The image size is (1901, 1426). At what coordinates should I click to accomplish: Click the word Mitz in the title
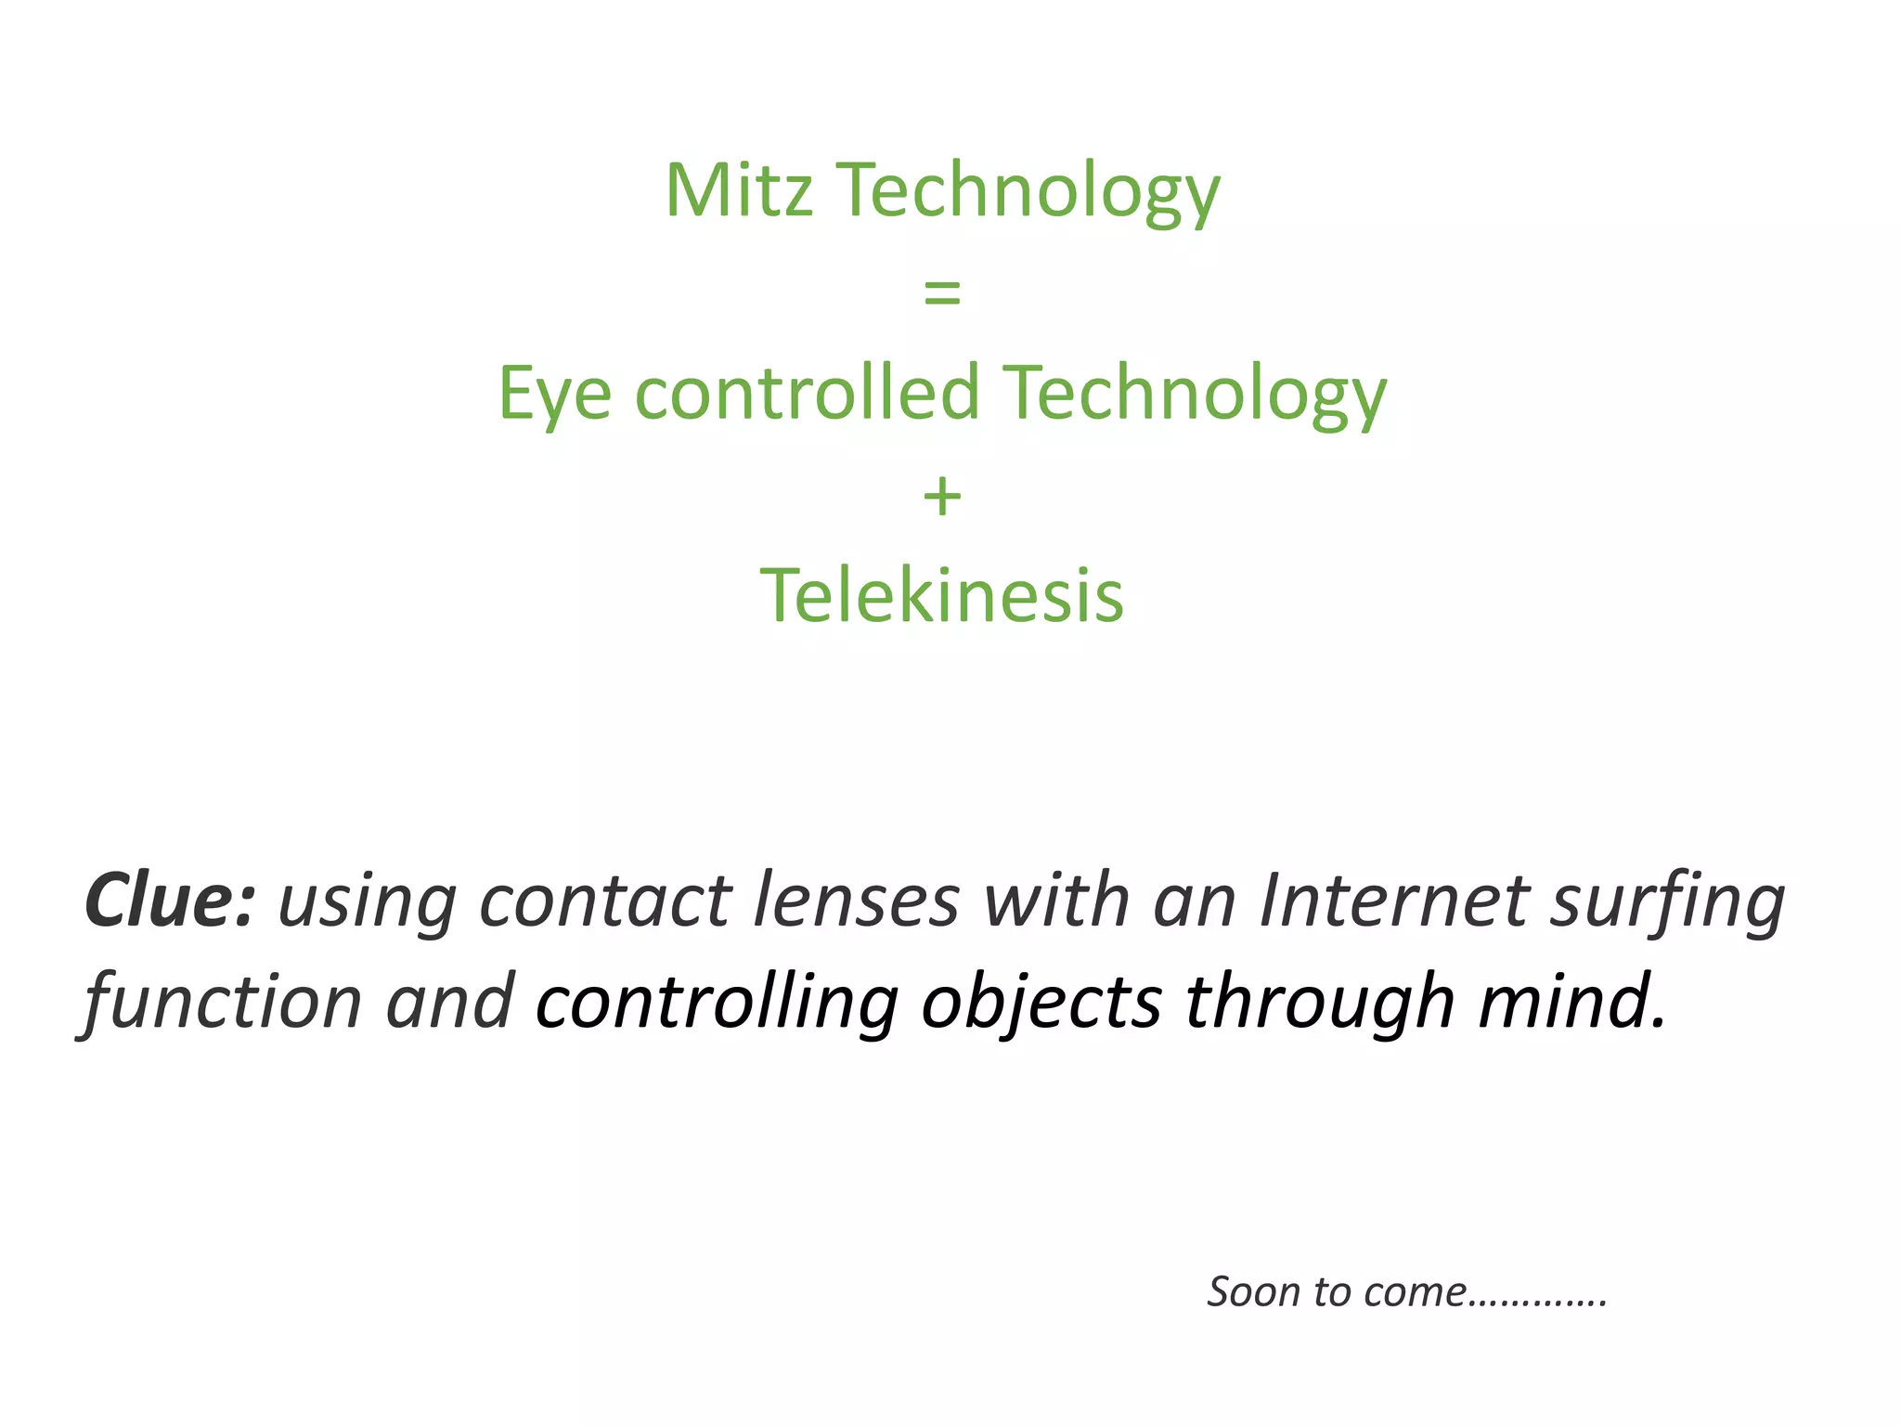click(x=739, y=190)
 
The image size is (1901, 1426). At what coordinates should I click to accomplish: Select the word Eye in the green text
click(x=554, y=394)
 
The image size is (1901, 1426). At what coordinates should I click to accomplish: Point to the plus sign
click(x=941, y=496)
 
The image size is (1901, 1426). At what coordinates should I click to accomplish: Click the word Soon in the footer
click(x=1253, y=1292)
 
